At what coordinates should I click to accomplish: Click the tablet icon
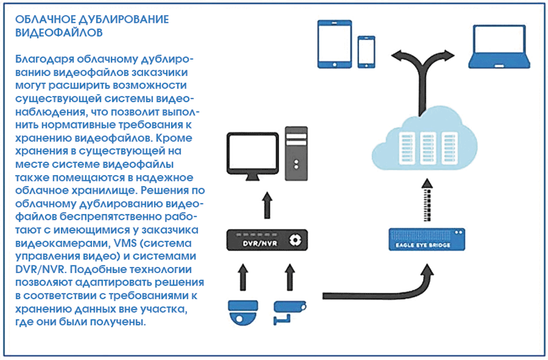[334, 44]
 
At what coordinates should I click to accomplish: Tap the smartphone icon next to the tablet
[366, 52]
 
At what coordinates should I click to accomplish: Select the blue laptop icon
[499, 47]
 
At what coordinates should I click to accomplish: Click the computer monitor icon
[253, 156]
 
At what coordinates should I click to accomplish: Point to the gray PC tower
[296, 153]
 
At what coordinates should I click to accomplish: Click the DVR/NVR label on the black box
[260, 243]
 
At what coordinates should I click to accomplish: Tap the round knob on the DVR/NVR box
[295, 240]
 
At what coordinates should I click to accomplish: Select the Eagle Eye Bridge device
[427, 240]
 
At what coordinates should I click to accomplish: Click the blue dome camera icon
[243, 313]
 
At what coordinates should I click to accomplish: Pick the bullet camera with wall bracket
[289, 313]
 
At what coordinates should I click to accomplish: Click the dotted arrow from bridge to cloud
[427, 200]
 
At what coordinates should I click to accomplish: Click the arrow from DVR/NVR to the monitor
[267, 205]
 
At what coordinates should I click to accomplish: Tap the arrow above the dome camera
[243, 277]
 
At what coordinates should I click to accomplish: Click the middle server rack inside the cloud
[427, 148]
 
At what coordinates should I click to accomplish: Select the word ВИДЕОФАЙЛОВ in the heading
[59, 32]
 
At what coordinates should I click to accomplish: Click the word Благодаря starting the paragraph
[45, 60]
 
